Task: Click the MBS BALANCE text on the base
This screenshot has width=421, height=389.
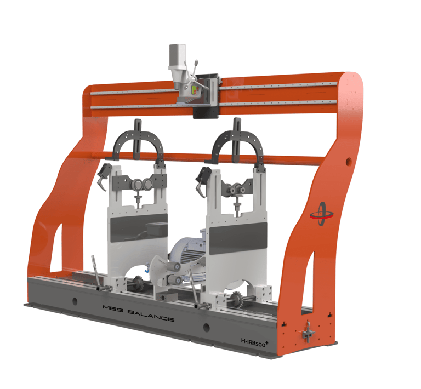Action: click(139, 313)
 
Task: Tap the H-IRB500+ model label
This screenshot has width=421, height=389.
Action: click(254, 342)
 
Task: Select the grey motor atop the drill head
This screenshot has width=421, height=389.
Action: click(177, 55)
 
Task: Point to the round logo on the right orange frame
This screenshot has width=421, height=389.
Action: click(322, 214)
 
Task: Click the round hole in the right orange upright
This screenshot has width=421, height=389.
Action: click(349, 161)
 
